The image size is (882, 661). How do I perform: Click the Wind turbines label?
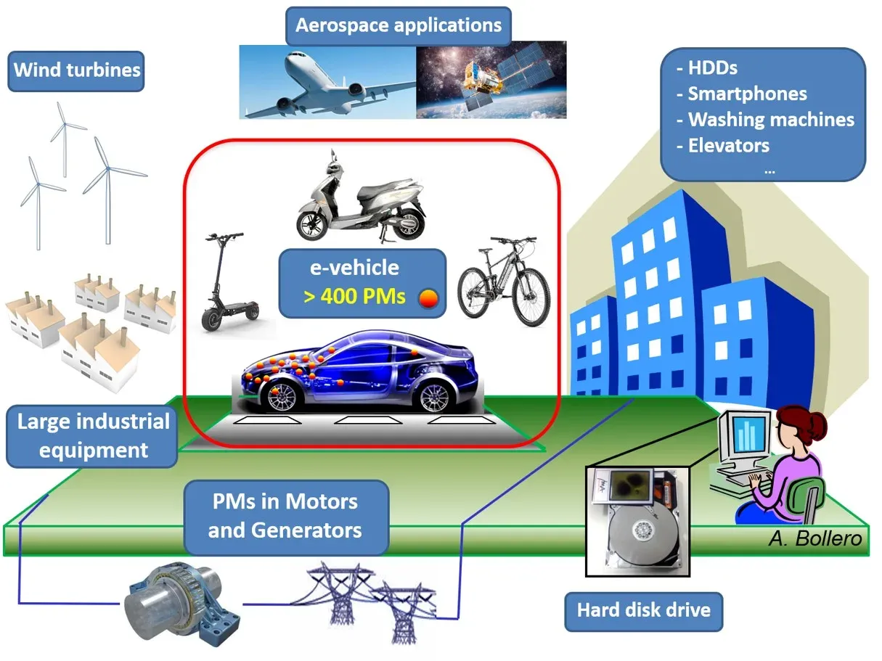[x=76, y=70]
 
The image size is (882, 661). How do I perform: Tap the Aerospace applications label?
[x=399, y=25]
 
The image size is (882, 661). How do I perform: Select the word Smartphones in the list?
[x=747, y=94]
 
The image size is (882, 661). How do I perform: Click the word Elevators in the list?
[x=728, y=145]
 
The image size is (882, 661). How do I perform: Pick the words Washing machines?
[x=771, y=120]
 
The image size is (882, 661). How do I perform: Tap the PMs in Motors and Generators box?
[x=285, y=515]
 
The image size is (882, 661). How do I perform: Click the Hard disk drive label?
[x=643, y=609]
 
